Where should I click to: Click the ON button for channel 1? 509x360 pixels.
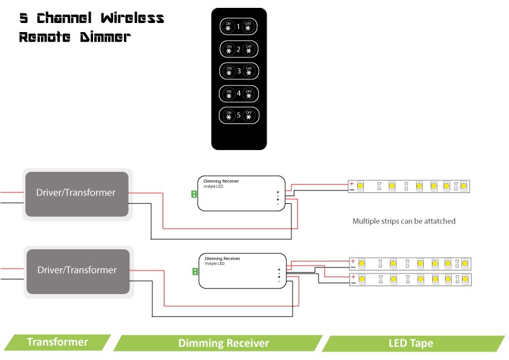[229, 27]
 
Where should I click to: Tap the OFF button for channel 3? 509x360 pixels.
[248, 71]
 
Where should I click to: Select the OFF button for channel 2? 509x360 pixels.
[248, 49]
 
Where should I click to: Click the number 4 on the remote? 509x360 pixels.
[239, 93]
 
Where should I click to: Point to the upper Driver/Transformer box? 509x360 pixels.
[76, 193]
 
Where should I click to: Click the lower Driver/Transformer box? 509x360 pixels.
[77, 270]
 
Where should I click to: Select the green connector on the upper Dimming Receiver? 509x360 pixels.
[193, 194]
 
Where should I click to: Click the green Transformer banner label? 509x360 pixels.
[57, 342]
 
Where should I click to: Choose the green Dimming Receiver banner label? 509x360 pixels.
[223, 343]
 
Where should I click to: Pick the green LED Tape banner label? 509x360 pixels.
[410, 343]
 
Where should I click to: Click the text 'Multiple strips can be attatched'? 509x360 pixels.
[404, 221]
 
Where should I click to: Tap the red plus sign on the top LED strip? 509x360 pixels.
[352, 183]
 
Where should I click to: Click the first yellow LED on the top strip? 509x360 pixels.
[360, 186]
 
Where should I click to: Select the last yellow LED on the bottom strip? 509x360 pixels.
[464, 280]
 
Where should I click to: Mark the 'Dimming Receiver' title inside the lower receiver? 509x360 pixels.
[222, 258]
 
